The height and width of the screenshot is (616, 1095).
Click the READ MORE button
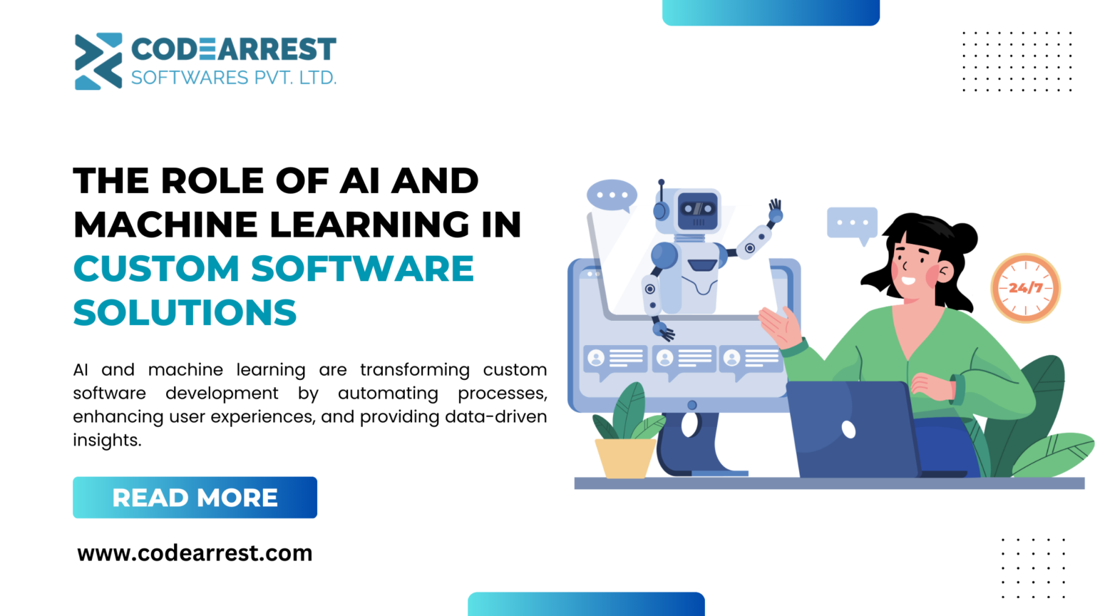195,497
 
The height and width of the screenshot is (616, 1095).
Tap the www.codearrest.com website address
195,553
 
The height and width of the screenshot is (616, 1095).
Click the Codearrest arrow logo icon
98,61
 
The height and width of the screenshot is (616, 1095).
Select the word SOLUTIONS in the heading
185,313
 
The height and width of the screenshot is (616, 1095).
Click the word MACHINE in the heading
165,225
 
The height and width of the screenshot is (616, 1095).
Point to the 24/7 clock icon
1025,288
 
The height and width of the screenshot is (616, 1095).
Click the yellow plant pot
625,457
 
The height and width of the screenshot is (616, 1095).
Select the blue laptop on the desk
852,430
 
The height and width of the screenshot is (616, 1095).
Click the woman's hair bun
964,236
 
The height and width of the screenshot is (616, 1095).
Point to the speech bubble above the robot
612,195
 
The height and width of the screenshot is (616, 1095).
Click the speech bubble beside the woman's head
852,223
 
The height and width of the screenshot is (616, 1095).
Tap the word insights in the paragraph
107,441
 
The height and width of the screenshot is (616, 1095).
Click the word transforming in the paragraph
414,370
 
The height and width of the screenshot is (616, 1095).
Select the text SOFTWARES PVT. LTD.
233,78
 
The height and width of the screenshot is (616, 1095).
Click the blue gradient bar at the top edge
771,12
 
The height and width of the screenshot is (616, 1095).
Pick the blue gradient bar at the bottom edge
586,604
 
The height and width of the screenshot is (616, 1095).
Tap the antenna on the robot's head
662,189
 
